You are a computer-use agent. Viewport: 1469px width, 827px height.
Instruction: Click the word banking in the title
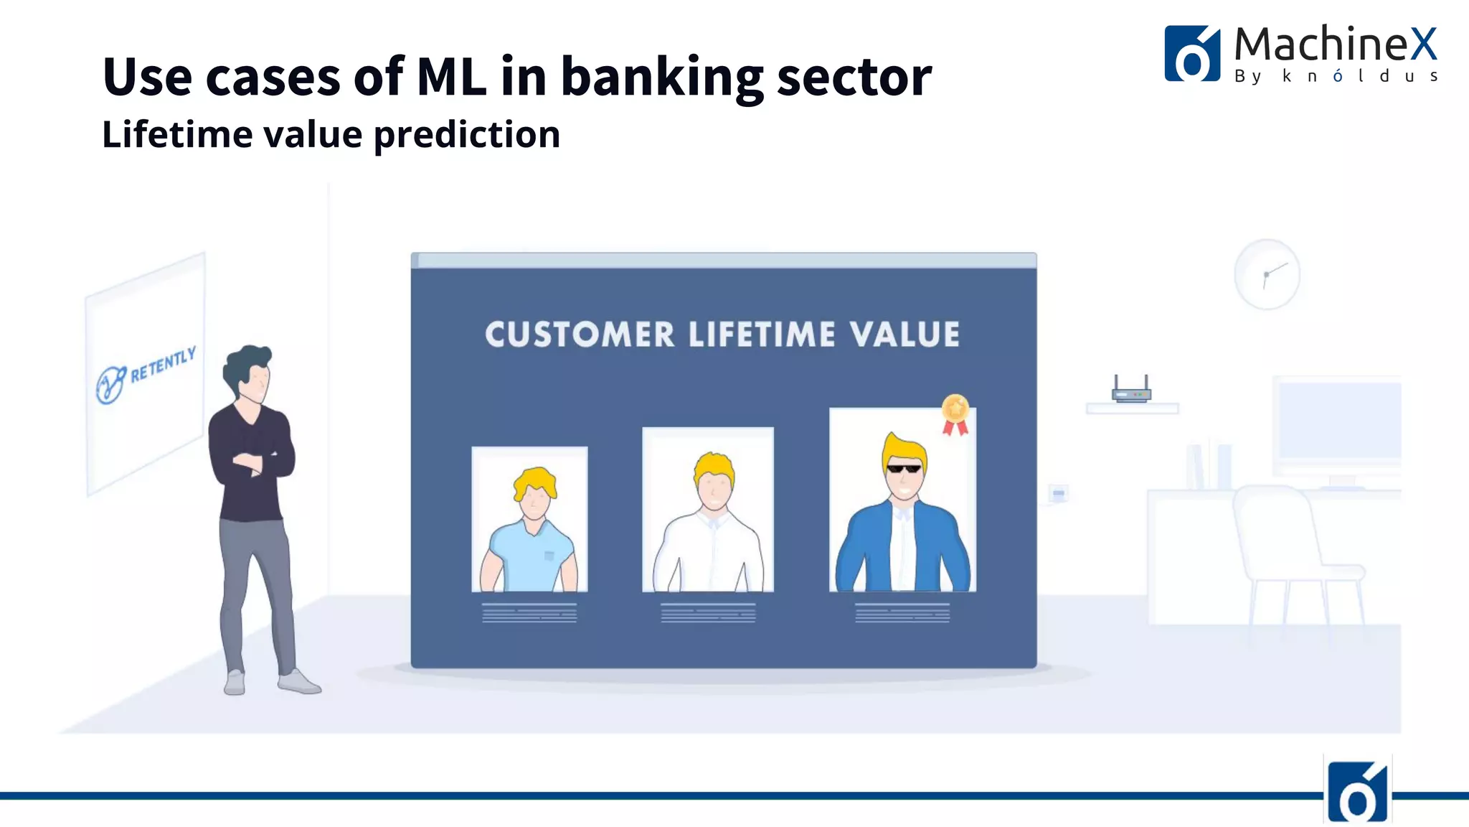pos(661,78)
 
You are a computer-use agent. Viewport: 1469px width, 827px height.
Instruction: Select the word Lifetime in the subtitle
pos(177,135)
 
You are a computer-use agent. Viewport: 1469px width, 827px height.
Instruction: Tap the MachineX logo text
pos(1334,45)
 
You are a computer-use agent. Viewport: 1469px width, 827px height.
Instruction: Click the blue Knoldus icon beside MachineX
pos(1191,55)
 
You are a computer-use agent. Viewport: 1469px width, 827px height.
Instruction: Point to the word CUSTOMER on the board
pos(580,335)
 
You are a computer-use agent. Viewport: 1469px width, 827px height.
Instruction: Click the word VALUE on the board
pos(904,335)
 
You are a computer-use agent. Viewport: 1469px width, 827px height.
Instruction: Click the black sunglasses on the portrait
pos(904,469)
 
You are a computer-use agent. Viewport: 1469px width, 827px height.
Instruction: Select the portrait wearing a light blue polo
pos(529,519)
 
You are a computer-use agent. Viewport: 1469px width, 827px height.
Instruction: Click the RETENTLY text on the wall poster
pos(163,365)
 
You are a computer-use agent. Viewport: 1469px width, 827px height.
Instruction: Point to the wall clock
pos(1267,275)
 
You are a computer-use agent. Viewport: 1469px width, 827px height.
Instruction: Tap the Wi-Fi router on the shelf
pos(1131,391)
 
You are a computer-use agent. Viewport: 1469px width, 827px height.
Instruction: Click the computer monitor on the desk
pos(1338,424)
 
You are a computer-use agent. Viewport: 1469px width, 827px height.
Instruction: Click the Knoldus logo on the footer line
pos(1357,793)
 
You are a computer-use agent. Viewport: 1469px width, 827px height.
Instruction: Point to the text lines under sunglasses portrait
pos(902,612)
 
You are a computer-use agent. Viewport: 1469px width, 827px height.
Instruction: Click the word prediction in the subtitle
pos(466,135)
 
